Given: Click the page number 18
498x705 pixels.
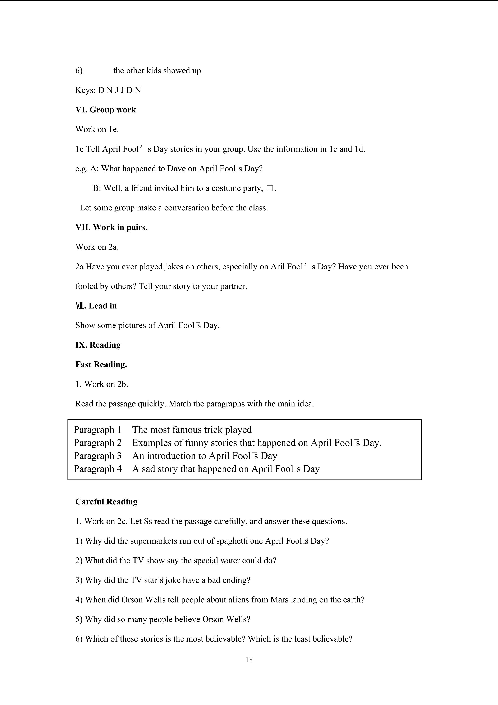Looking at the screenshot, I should click(249, 660).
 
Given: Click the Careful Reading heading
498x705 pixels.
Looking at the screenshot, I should click(106, 502).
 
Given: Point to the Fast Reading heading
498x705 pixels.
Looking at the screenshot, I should click(101, 365).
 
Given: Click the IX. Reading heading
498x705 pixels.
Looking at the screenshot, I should click(98, 345).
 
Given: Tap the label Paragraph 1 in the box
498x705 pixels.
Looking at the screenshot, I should click(97, 430).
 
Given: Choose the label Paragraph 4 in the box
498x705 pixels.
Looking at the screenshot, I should click(97, 469).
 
